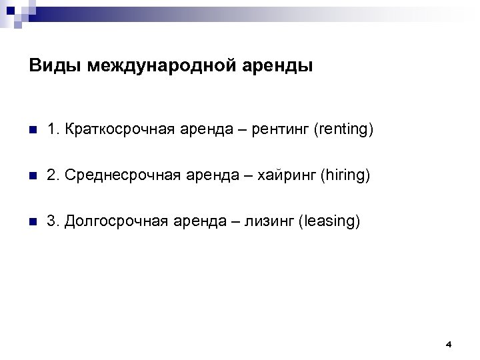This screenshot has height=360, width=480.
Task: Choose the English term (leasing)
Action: (331, 221)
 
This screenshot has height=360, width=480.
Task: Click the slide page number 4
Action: (449, 344)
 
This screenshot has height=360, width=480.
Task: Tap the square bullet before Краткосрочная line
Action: (33, 129)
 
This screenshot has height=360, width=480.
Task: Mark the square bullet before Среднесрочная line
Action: (33, 176)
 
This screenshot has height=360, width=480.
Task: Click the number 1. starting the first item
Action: (53, 129)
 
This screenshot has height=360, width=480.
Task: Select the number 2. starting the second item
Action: (53, 175)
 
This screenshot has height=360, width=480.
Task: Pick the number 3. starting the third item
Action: (53, 221)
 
